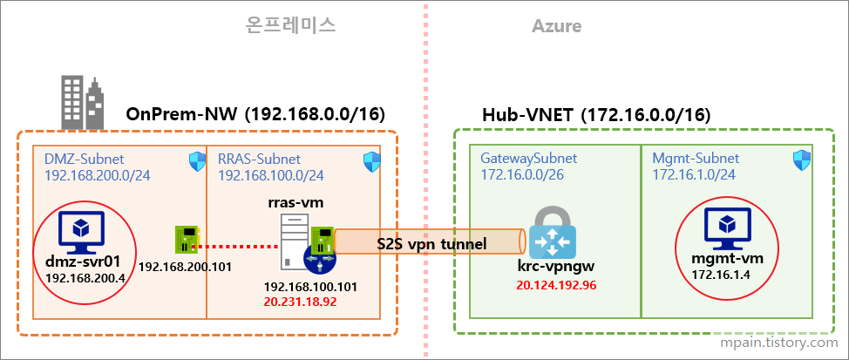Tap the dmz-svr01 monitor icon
click(x=80, y=230)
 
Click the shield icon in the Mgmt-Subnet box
click(x=802, y=160)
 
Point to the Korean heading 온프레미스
click(x=291, y=26)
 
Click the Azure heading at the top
click(x=556, y=27)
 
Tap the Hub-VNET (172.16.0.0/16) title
click(x=596, y=115)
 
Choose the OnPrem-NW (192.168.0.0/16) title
click(x=255, y=114)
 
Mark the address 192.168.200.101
click(x=185, y=267)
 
